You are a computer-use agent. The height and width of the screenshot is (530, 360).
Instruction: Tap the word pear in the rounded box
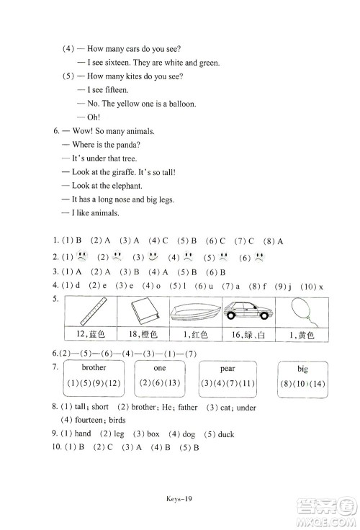pyautogui.click(x=228, y=367)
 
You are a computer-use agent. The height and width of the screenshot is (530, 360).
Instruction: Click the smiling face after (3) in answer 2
pyautogui.click(x=153, y=257)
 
